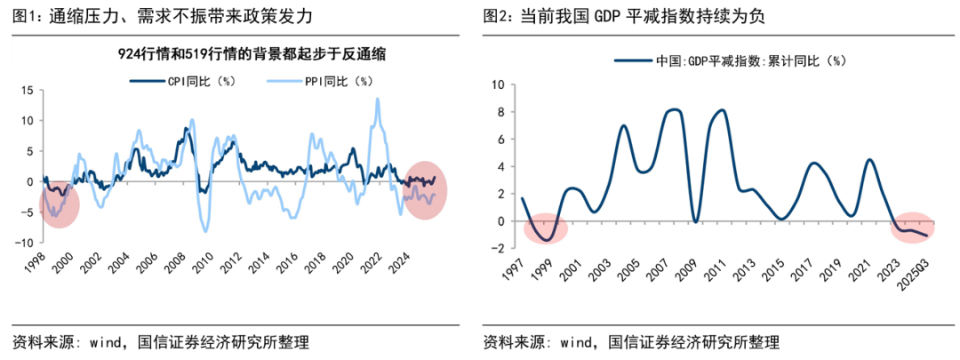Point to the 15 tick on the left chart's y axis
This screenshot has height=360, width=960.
[26, 91]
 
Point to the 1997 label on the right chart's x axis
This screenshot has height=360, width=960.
[513, 268]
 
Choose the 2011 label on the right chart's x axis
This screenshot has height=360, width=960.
[715, 268]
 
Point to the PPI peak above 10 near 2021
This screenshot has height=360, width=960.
[377, 100]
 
